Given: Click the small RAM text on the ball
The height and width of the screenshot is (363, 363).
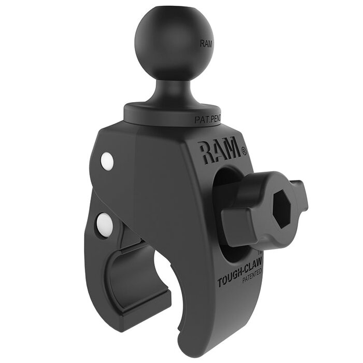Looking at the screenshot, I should (x=206, y=44).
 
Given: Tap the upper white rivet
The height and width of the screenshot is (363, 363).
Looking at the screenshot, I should (x=107, y=162).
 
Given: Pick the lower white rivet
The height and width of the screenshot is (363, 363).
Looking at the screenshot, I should (x=104, y=223).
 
